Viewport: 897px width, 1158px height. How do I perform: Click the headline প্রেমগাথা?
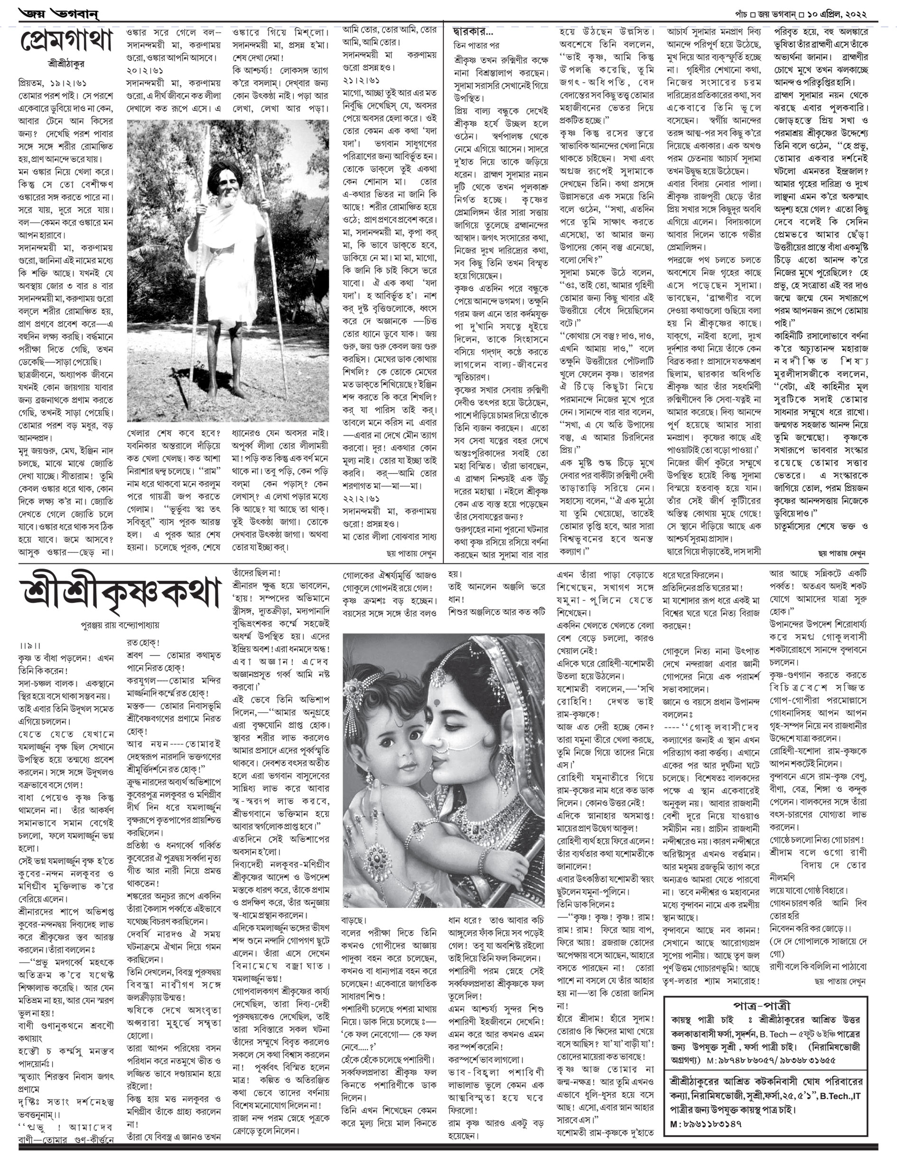(67, 42)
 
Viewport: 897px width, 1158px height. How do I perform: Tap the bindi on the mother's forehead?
(438, 702)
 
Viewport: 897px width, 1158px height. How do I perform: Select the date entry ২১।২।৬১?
(357, 80)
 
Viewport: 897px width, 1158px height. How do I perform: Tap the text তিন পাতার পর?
(476, 45)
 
